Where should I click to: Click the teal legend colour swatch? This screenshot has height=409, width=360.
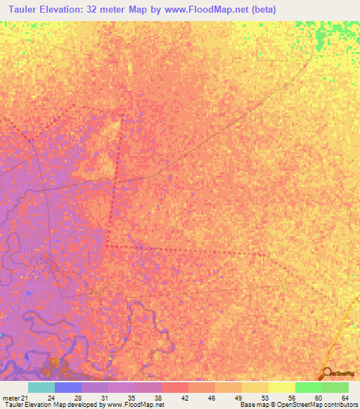click(41, 387)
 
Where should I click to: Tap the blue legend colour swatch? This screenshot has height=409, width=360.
click(67, 387)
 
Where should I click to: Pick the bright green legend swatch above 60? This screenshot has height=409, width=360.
click(308, 387)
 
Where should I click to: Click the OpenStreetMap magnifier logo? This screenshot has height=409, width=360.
click(326, 374)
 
